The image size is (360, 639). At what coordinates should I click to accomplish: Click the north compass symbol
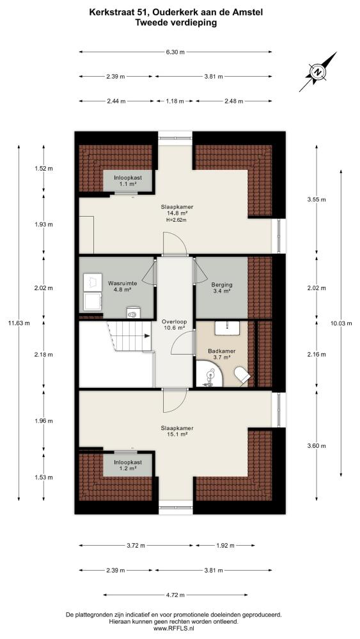(318, 72)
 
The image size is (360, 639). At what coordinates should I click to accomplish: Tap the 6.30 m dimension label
(175, 52)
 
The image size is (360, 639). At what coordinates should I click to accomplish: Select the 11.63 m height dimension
(19, 323)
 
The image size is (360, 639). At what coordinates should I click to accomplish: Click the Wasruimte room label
(122, 283)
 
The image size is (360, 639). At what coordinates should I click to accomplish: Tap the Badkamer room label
(221, 351)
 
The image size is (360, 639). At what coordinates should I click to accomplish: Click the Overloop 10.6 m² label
(174, 323)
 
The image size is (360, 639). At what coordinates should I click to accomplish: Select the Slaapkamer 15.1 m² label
(176, 431)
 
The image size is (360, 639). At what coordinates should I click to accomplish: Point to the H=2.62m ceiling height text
(176, 220)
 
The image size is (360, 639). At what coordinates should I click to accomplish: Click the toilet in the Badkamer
(242, 375)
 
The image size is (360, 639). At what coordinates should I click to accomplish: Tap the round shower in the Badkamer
(211, 374)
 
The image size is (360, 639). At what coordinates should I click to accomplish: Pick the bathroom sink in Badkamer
(227, 327)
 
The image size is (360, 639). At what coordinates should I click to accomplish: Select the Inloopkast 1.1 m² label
(127, 181)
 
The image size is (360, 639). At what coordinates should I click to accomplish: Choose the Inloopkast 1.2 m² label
(128, 465)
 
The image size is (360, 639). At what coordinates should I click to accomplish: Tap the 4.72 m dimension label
(175, 594)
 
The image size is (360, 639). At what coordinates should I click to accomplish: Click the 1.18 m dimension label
(175, 101)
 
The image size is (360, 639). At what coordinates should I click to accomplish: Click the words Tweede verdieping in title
(176, 23)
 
